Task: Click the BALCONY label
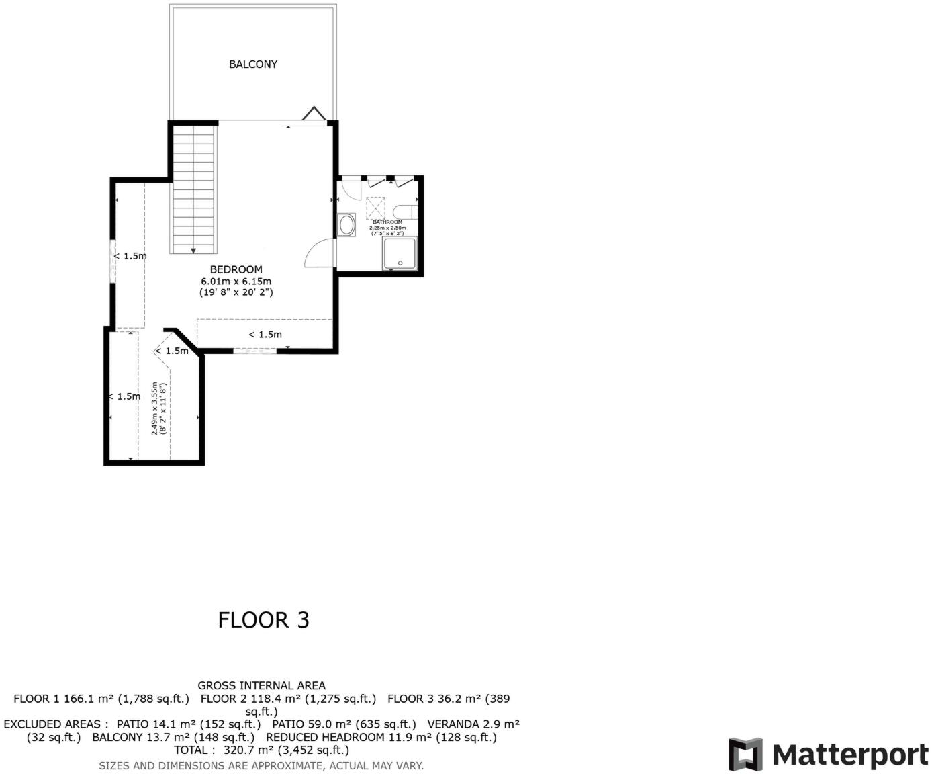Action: click(253, 64)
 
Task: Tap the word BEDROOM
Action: click(236, 269)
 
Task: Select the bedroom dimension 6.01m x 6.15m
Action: click(236, 281)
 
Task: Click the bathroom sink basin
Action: click(347, 224)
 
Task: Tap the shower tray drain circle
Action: click(400, 263)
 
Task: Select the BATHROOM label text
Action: click(387, 222)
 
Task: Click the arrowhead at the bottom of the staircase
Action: click(194, 250)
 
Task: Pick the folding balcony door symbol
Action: click(314, 114)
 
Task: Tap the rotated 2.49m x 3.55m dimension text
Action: click(158, 408)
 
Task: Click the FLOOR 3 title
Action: click(263, 619)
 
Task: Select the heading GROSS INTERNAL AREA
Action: click(261, 685)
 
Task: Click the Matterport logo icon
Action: click(745, 754)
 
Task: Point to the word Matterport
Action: click(850, 755)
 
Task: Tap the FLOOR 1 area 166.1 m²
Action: click(89, 699)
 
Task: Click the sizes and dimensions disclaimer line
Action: click(261, 765)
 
